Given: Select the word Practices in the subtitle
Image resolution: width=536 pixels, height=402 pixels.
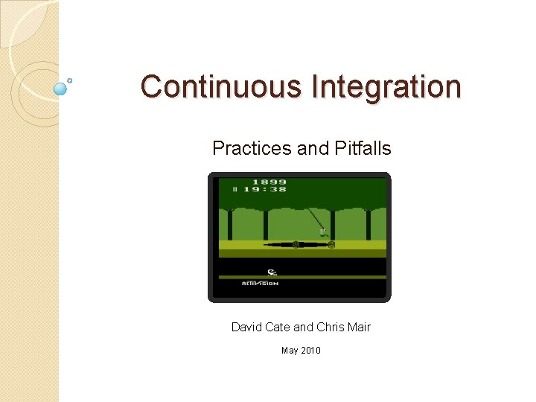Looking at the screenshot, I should (252, 148).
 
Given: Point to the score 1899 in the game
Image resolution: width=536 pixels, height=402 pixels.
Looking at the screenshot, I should (269, 182).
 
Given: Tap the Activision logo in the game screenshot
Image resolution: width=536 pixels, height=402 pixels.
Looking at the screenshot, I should (260, 284).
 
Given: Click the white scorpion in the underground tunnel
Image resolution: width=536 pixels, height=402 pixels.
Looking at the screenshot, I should (272, 272).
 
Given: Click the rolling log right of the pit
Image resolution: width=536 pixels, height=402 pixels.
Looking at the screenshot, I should (331, 244).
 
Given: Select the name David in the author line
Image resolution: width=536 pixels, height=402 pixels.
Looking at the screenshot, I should (246, 327).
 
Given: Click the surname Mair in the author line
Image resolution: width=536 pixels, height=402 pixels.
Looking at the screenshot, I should (358, 327).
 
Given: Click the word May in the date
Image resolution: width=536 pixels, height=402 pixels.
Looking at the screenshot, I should (290, 350).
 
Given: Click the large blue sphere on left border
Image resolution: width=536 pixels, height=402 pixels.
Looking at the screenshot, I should (61, 89).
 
